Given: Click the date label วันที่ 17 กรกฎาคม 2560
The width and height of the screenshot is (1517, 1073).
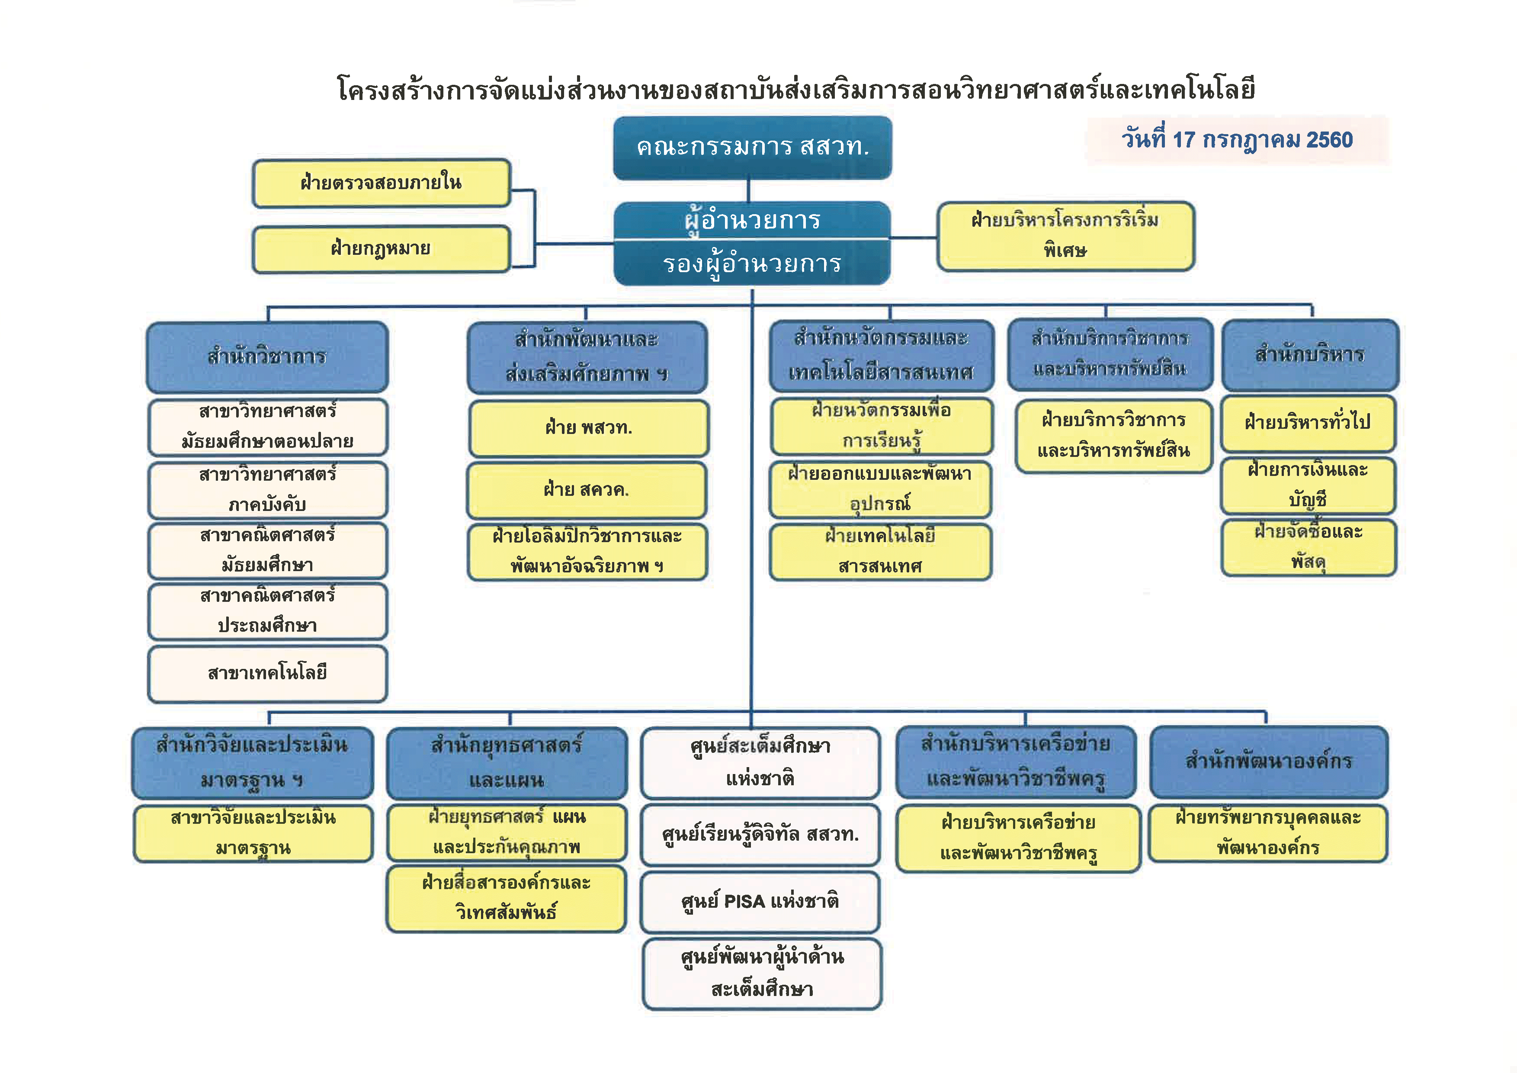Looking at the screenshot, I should [x=1237, y=139].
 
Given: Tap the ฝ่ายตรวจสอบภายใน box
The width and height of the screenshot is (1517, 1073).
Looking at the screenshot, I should [x=381, y=182].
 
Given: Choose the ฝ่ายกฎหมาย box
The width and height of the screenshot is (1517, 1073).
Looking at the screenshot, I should [x=381, y=248].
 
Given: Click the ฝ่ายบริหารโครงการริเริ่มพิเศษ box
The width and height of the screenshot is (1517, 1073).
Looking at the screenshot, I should [x=1065, y=235].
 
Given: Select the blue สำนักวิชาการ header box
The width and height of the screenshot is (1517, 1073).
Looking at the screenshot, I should [x=267, y=357].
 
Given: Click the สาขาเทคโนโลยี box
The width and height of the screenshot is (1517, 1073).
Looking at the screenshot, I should [x=267, y=673].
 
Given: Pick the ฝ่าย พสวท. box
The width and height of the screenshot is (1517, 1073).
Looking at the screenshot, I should [x=588, y=427].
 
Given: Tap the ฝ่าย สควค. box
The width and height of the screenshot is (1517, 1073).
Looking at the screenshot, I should [x=587, y=490].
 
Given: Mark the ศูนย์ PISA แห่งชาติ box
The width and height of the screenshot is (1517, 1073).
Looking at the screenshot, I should [x=760, y=901].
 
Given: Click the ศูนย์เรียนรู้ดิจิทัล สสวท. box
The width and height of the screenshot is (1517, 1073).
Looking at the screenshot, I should [x=760, y=835].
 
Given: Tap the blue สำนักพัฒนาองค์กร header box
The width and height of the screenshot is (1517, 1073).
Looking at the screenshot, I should [x=1269, y=761].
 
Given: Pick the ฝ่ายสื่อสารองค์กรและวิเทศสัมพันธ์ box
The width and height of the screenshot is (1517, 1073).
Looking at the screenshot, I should [x=506, y=897].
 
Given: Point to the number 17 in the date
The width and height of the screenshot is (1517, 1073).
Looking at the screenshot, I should [x=1184, y=139].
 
